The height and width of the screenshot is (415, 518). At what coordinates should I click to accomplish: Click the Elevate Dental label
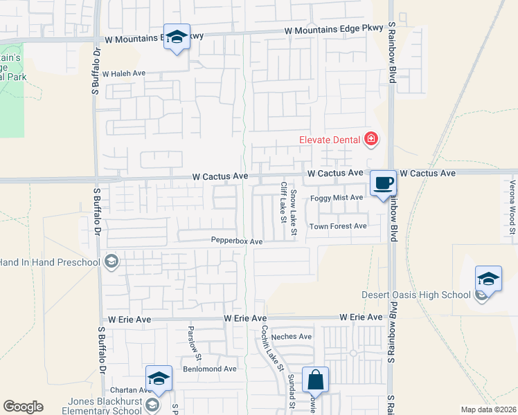(x=329, y=140)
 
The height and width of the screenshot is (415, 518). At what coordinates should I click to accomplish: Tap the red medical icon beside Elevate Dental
(x=371, y=140)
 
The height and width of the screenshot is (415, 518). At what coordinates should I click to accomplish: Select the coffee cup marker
(x=383, y=183)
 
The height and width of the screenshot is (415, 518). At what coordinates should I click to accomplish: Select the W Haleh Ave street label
(x=124, y=73)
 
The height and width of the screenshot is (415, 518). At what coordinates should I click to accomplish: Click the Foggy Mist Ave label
(x=337, y=198)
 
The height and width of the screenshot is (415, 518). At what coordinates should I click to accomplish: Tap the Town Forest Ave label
(x=338, y=226)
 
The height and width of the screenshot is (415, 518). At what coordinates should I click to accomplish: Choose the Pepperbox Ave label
(x=238, y=241)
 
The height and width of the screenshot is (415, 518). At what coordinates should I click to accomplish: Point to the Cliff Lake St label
(x=283, y=202)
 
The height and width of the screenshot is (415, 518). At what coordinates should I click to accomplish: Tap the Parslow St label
(x=194, y=344)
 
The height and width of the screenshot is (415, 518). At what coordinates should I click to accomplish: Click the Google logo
(x=23, y=407)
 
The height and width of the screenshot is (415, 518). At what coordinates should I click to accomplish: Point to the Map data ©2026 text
(x=488, y=409)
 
